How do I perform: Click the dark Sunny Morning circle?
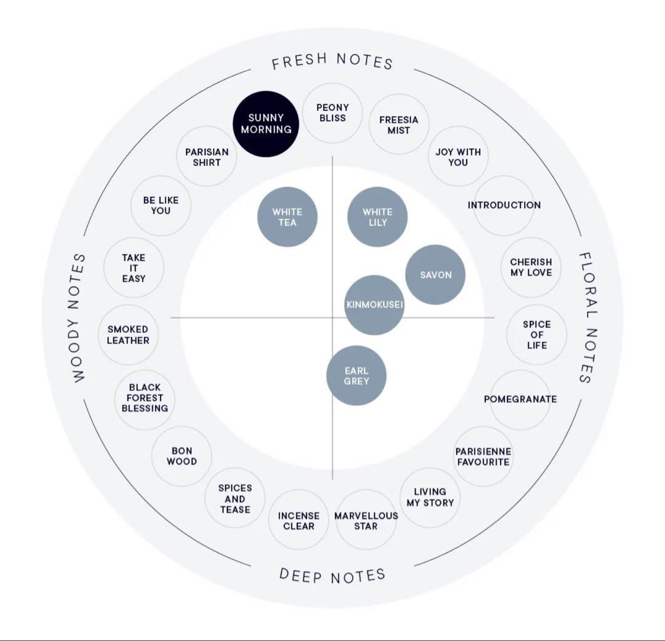(x=266, y=124)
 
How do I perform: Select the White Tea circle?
(x=288, y=217)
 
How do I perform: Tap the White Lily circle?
(x=377, y=217)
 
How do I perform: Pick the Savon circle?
(x=435, y=274)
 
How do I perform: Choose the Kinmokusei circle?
(x=374, y=305)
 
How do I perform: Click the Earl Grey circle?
(x=357, y=376)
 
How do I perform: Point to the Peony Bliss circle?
(x=332, y=113)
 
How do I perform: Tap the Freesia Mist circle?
(x=398, y=124)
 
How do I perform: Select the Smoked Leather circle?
(x=128, y=335)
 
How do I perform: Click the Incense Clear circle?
(x=299, y=520)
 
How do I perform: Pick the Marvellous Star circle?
(x=366, y=520)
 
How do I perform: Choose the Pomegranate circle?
(x=520, y=399)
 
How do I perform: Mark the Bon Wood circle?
(x=182, y=456)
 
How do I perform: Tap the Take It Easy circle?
(x=134, y=268)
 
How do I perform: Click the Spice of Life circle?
(x=536, y=335)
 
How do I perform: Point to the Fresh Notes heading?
(x=332, y=60)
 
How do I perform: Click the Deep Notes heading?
(x=332, y=575)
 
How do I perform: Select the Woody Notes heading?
(x=78, y=318)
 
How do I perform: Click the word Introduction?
(x=504, y=205)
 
